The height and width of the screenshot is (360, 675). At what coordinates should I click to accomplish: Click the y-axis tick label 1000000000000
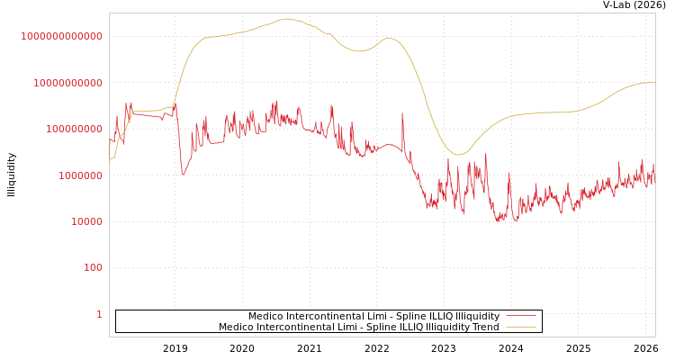[x=61, y=36]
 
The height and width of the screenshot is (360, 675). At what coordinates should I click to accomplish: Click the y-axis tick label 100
[x=93, y=267]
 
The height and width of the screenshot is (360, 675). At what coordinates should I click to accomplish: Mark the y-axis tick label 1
[x=99, y=314]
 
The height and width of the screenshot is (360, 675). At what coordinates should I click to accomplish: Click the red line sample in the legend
[x=520, y=316]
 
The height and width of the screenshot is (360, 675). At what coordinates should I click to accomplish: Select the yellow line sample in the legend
[x=520, y=327]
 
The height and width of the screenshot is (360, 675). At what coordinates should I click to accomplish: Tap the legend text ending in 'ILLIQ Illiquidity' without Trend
[x=373, y=316]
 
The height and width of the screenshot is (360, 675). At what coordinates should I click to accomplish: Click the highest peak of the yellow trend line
[x=287, y=19]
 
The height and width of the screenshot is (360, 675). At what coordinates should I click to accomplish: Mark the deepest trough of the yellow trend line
[x=458, y=155]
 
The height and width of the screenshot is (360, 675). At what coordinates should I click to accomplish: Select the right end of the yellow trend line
[x=654, y=83]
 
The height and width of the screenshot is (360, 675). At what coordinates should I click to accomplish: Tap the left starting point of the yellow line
[x=110, y=159]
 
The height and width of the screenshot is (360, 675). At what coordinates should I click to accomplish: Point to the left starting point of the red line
[x=110, y=139]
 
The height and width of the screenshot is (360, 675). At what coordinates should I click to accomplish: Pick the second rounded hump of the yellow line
[x=389, y=38]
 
